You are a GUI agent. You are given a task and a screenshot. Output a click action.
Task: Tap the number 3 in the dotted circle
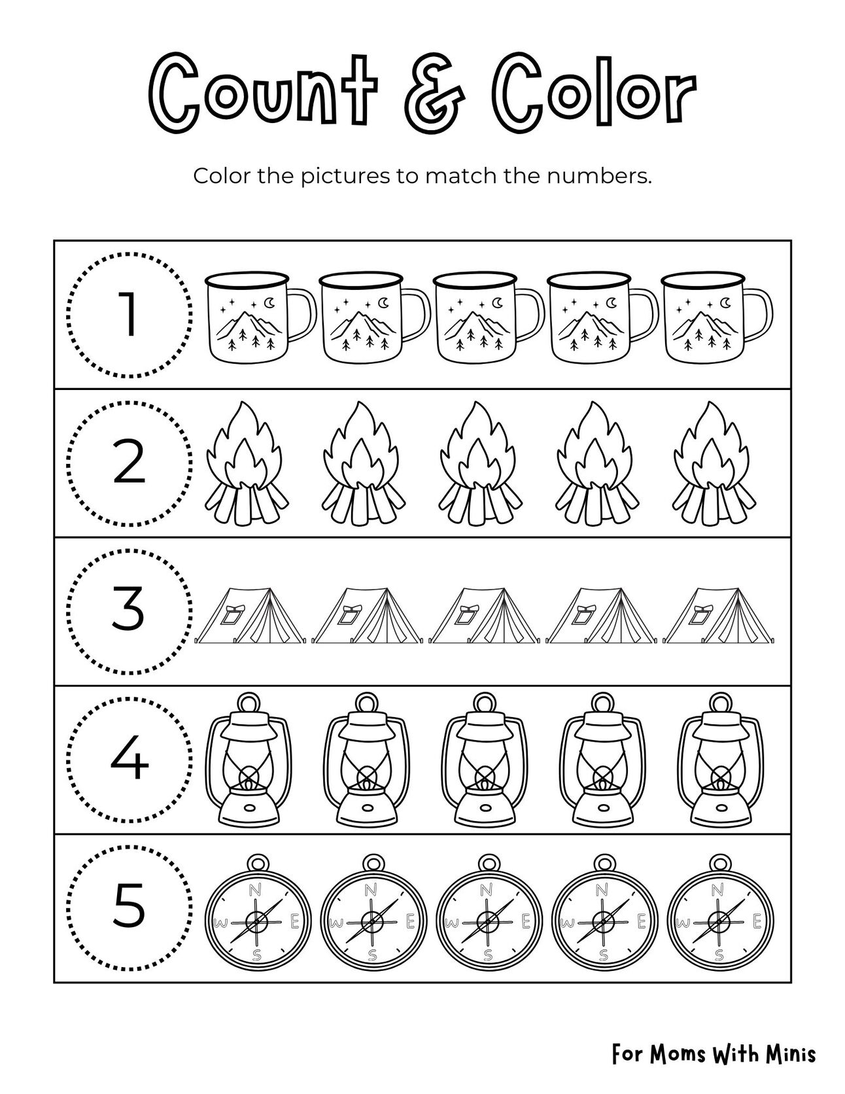[x=129, y=610]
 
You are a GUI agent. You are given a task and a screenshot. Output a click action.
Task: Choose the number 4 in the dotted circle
[x=129, y=760]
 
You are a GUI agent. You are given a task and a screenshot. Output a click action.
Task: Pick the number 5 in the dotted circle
[x=129, y=908]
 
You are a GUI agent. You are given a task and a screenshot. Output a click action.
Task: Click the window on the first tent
[x=232, y=615]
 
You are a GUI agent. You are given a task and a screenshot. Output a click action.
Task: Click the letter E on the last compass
[x=757, y=921]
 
